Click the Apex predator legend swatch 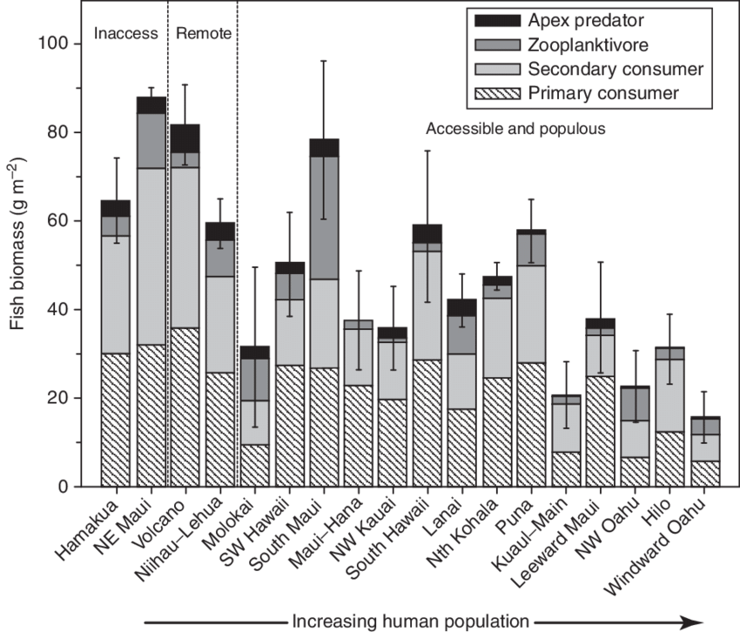[x=494, y=19]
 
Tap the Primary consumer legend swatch [x=494, y=92]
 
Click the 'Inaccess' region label [x=126, y=35]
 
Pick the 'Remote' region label [x=204, y=35]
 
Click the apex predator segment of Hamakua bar [x=116, y=207]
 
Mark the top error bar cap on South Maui [x=324, y=60]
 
